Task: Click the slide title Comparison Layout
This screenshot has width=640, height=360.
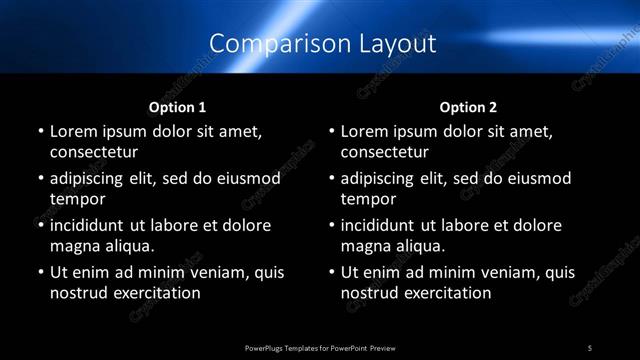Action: pos(323,44)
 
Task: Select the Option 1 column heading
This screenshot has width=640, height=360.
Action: pos(178,107)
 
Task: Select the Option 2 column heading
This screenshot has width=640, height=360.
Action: pos(468,107)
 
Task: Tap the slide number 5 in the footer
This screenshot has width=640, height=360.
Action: pos(590,347)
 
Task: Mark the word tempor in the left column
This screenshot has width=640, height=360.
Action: pos(76,200)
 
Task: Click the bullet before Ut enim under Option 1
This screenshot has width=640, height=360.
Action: pos(40,272)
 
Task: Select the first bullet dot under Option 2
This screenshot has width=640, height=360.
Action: pos(331,131)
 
